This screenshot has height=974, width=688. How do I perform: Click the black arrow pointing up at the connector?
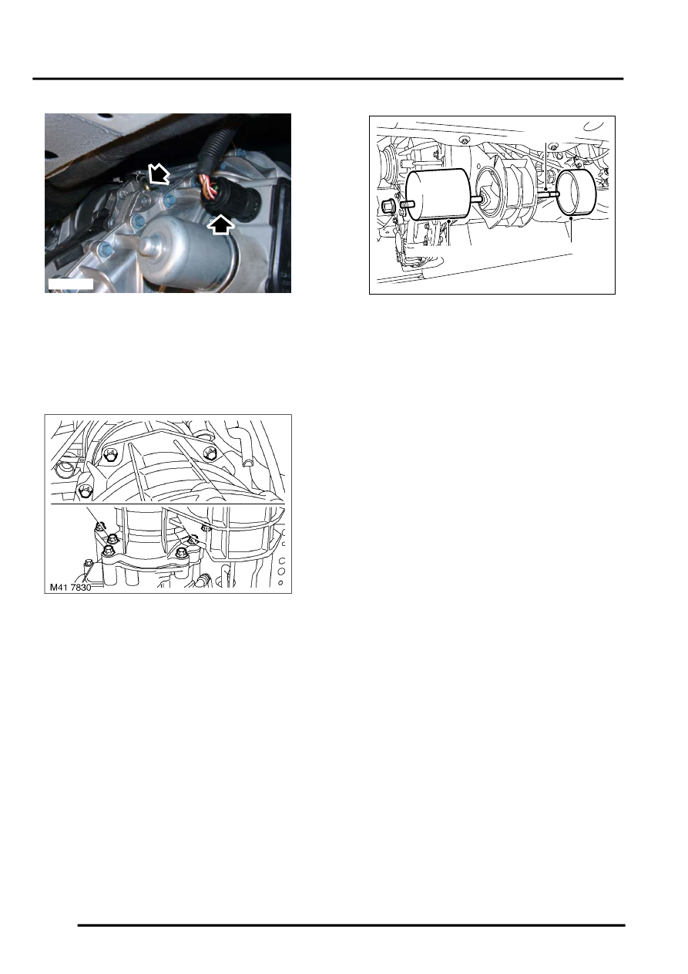[x=220, y=224]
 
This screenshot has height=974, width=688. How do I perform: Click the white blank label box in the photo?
[x=70, y=284]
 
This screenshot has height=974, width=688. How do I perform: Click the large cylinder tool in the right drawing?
[x=437, y=196]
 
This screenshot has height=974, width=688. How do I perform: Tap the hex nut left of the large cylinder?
[x=388, y=207]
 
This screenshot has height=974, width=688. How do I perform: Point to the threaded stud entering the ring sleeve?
[x=549, y=195]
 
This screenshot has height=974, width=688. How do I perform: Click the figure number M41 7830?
[x=72, y=586]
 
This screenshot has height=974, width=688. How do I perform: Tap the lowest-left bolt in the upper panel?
[x=86, y=491]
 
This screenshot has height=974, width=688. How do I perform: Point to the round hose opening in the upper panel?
[x=65, y=468]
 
